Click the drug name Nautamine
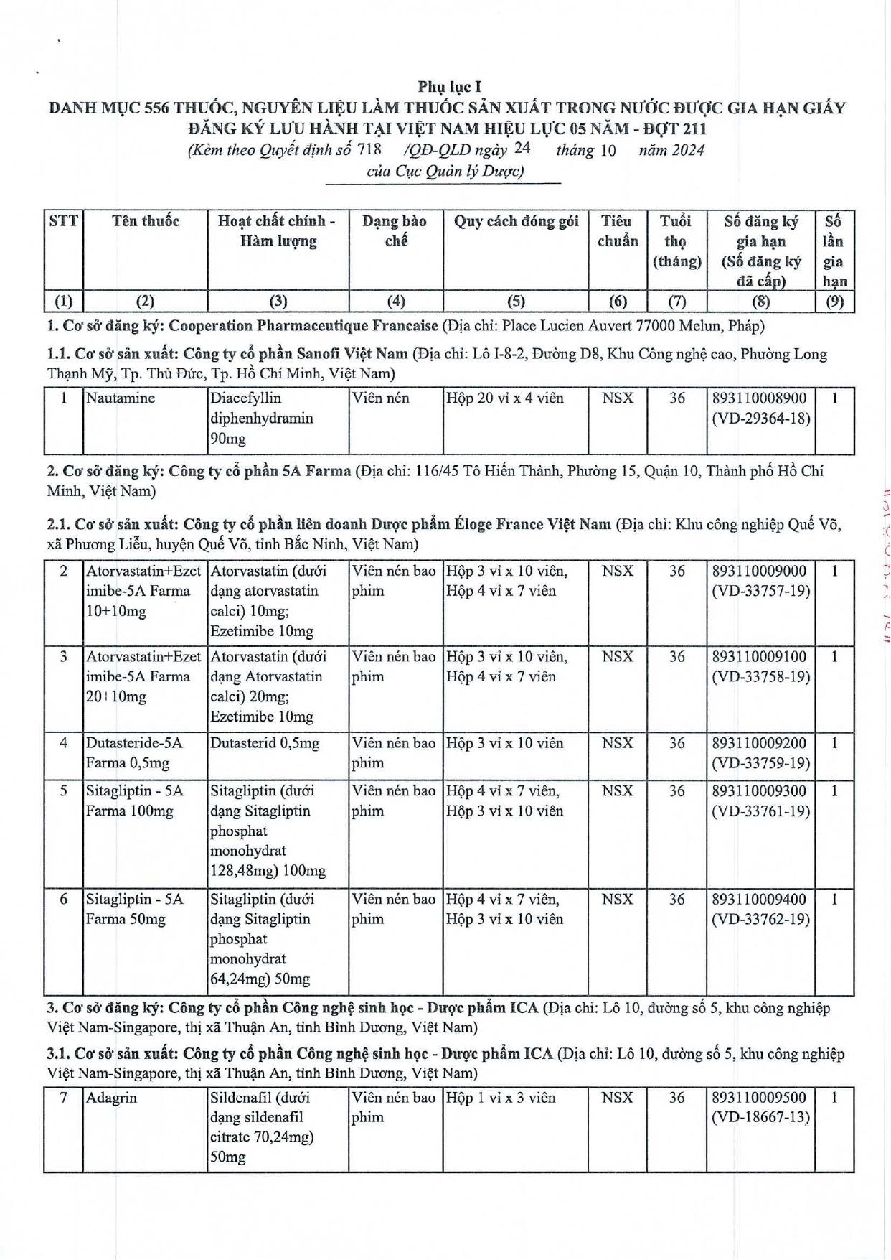(x=120, y=398)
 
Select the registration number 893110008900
(x=759, y=398)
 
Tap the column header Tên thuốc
(x=146, y=221)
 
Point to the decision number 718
(x=369, y=149)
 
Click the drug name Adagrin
(x=111, y=1098)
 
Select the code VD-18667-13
(x=760, y=1118)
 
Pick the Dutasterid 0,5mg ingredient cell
(x=264, y=743)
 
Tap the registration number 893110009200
(x=759, y=743)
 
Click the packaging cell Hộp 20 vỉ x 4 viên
(x=504, y=398)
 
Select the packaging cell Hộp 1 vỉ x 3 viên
(x=500, y=1098)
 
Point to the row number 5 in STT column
(x=64, y=791)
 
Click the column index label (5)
(x=516, y=302)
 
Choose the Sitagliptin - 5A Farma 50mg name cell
(x=135, y=909)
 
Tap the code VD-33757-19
(x=760, y=592)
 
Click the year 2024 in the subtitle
(x=687, y=150)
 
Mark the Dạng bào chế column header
(x=395, y=231)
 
